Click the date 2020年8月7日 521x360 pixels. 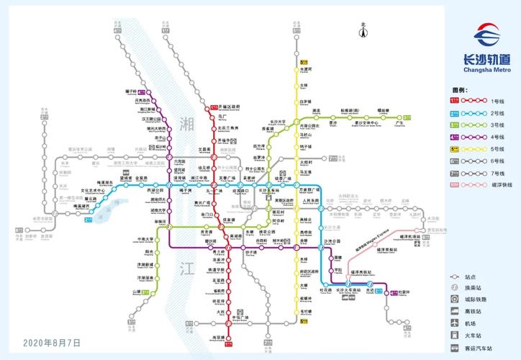click(52, 343)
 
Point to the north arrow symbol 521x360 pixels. click(364, 30)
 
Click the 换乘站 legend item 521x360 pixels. click(474, 287)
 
